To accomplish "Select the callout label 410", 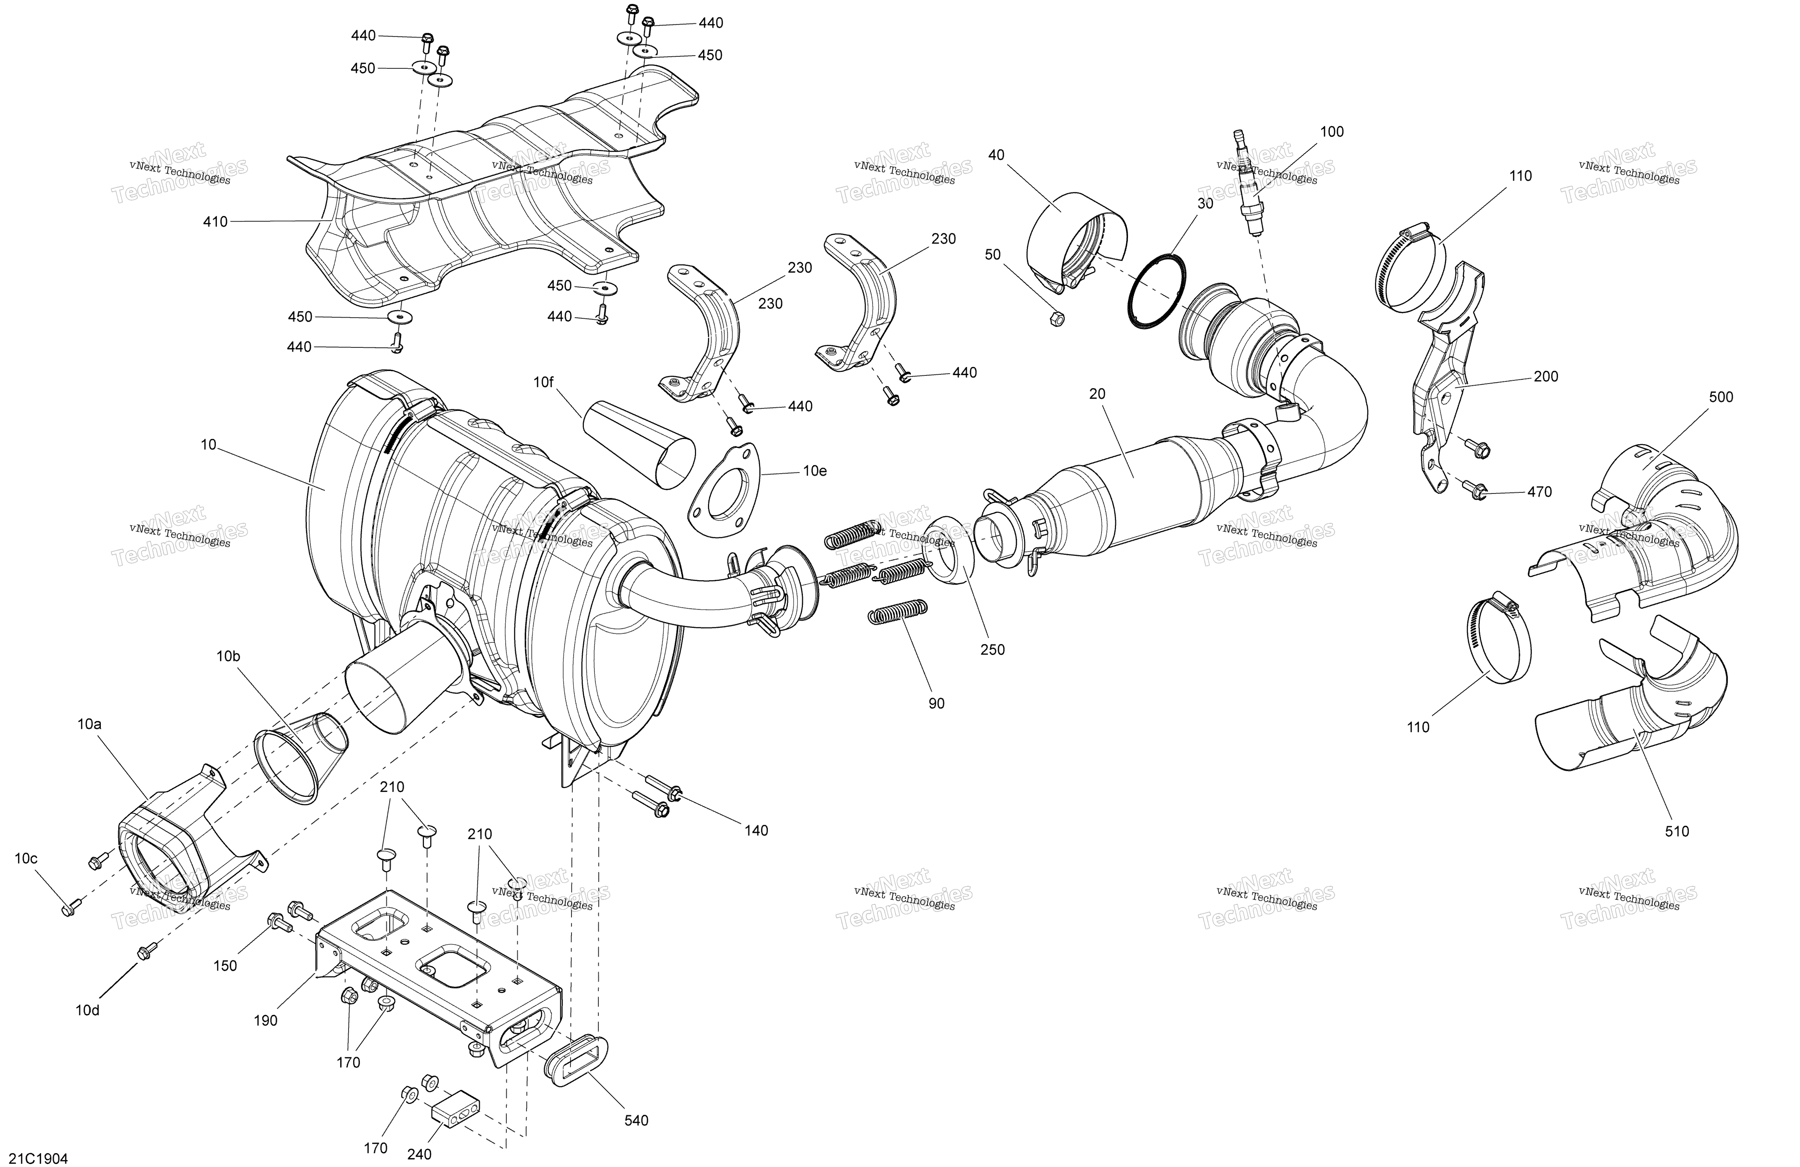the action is (216, 222).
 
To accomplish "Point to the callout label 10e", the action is (814, 470).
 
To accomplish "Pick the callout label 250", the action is (992, 649).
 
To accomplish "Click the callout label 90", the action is (936, 703).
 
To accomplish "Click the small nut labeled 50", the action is (1058, 319).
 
